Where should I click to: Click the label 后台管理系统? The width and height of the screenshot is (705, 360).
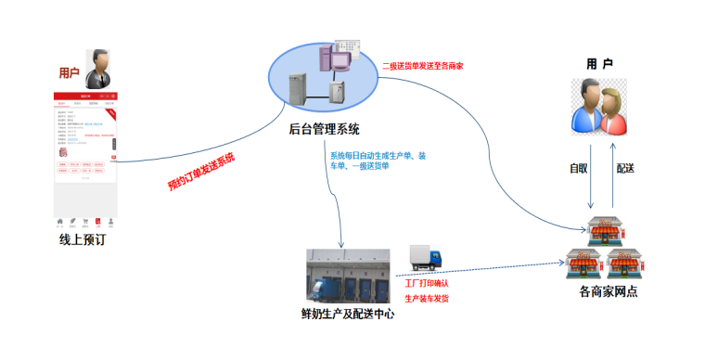coord(325,129)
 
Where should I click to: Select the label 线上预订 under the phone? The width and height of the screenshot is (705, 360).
coord(86,239)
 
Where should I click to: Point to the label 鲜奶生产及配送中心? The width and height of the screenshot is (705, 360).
coord(350,314)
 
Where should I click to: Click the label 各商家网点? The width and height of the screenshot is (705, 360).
coord(608,292)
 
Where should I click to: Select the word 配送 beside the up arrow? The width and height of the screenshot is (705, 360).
coord(626,168)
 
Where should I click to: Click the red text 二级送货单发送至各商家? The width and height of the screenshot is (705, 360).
coord(429,66)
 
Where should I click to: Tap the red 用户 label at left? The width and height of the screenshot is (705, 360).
coord(70,72)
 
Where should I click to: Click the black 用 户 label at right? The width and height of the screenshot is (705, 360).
coord(600,63)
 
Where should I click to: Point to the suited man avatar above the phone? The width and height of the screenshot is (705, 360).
coord(100,70)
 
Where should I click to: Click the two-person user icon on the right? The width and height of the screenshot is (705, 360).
coord(598,107)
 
